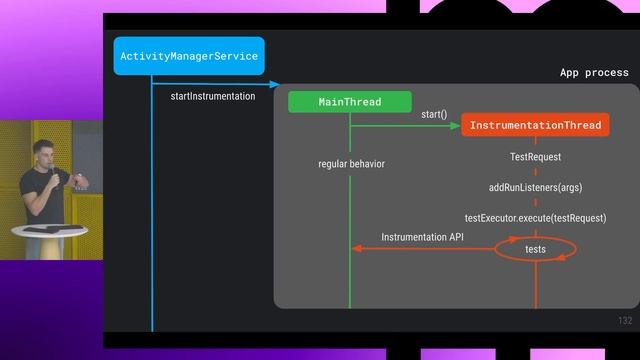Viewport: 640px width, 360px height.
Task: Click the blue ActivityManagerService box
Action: [x=189, y=56]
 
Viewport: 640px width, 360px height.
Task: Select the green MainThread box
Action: [x=349, y=102]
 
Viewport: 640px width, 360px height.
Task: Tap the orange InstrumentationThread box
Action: [x=535, y=125]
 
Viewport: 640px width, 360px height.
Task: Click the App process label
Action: [x=594, y=72]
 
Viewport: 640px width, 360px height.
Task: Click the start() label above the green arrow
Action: [x=434, y=114]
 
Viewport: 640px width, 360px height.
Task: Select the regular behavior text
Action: [x=351, y=163]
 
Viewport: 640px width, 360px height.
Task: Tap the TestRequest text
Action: [x=535, y=157]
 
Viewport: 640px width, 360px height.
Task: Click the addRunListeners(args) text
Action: [x=535, y=187]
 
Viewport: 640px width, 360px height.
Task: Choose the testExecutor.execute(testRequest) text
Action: [x=535, y=217]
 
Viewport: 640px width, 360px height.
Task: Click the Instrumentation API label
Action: [x=422, y=237]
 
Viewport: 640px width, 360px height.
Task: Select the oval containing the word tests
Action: [x=536, y=248]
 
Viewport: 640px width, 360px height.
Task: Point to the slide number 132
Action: [x=625, y=320]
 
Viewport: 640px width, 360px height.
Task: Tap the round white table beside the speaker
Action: [x=50, y=231]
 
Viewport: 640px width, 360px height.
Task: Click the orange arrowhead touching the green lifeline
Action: [x=356, y=248]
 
